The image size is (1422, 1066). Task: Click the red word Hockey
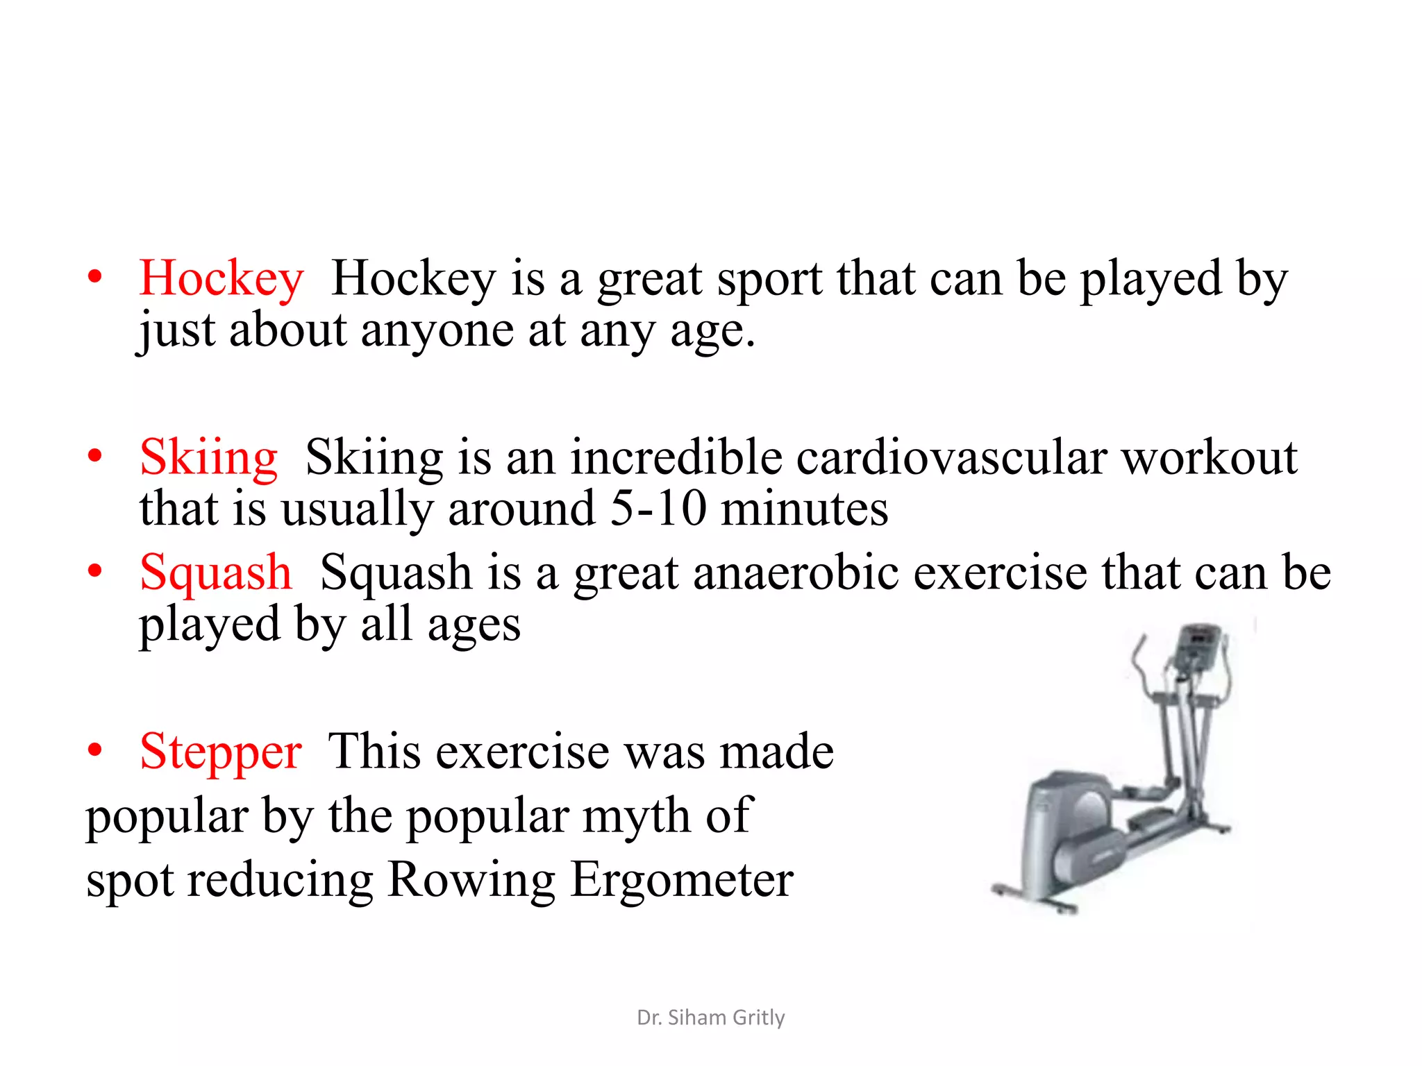pos(221,279)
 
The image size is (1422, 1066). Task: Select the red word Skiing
pos(208,458)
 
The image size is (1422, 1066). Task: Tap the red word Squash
pos(215,573)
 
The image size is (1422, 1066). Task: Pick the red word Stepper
pos(220,752)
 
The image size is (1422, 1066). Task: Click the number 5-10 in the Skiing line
pos(658,509)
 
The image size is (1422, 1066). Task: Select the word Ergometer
pos(681,880)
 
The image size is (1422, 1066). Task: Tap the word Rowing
pos(471,880)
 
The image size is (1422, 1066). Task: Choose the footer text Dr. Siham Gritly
pos(710,1017)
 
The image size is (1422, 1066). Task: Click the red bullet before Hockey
pos(95,278)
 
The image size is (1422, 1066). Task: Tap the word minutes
pos(804,509)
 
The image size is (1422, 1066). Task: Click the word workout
pos(1209,458)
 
